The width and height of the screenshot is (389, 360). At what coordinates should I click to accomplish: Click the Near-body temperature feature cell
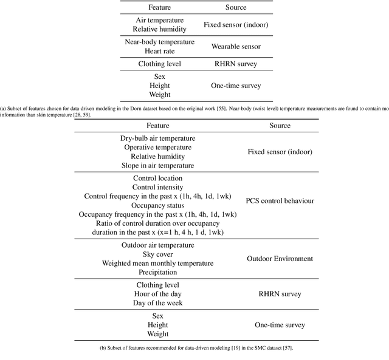(x=159, y=42)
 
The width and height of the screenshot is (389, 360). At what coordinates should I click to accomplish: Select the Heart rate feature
(x=159, y=51)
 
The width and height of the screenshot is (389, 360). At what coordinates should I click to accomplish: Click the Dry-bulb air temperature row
(x=158, y=138)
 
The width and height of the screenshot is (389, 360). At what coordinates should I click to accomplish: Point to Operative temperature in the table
(x=158, y=148)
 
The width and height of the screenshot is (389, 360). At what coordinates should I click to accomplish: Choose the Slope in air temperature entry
(x=158, y=166)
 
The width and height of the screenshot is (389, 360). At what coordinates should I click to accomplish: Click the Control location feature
(x=157, y=178)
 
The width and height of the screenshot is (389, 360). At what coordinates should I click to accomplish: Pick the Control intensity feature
(x=157, y=188)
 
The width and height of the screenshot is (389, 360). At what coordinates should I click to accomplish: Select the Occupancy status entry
(x=157, y=206)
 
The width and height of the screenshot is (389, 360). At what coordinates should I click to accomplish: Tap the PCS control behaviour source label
(x=280, y=201)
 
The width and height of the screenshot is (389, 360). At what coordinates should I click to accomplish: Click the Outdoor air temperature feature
(x=158, y=245)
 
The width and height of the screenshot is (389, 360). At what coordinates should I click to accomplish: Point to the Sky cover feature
(x=158, y=254)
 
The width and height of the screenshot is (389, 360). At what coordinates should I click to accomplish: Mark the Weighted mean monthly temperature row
(x=158, y=263)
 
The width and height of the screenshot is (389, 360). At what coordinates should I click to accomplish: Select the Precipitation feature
(x=158, y=273)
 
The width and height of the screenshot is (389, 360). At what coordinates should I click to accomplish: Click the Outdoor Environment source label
(x=280, y=259)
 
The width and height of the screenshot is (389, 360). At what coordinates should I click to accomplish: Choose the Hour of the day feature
(x=158, y=294)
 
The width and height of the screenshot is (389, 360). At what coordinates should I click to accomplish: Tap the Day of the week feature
(x=158, y=303)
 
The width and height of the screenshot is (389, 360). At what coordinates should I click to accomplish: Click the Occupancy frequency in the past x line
(x=157, y=215)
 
